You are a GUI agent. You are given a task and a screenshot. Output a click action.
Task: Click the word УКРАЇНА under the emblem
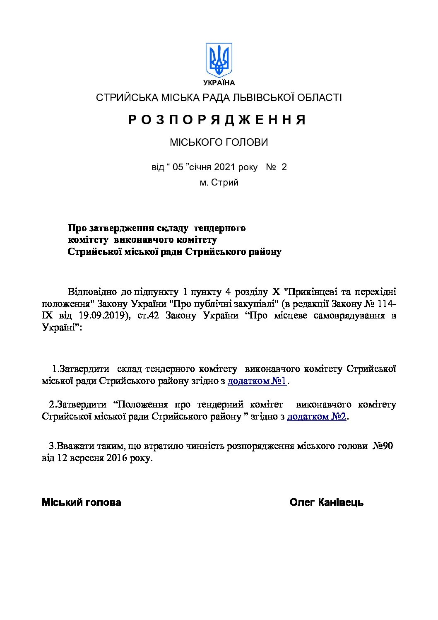(219, 82)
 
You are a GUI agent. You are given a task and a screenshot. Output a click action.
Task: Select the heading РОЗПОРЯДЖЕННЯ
(217, 120)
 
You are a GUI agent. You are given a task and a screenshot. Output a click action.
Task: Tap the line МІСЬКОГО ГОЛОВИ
(219, 142)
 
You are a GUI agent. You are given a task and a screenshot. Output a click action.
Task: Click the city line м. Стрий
(219, 182)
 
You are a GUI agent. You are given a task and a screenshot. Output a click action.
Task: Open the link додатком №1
(257, 381)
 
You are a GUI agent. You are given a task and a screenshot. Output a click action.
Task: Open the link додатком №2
(317, 417)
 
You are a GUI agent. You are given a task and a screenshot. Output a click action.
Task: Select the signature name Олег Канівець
(327, 502)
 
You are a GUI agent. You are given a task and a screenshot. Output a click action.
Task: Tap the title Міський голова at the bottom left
(82, 502)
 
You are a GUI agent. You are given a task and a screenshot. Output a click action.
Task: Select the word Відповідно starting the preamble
(92, 292)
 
